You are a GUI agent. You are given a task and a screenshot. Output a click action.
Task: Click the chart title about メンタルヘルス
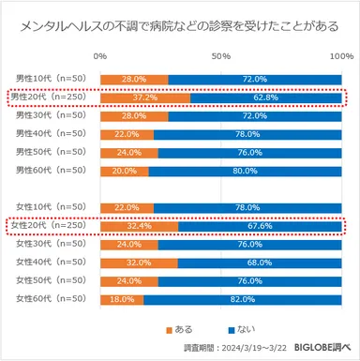[x=179, y=24]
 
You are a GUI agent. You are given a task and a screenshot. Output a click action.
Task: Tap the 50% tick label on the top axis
[x=221, y=58]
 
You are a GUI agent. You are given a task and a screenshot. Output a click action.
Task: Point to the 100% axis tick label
[x=339, y=58]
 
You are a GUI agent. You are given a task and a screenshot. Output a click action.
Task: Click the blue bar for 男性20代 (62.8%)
[x=265, y=98]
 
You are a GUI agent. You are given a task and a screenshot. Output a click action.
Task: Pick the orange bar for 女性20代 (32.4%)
[x=139, y=225]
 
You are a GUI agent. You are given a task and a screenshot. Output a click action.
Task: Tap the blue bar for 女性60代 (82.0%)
[x=243, y=298]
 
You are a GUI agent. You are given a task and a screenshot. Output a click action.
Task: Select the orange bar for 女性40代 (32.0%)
[x=139, y=262]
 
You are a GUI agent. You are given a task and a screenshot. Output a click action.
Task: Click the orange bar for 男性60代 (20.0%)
[x=124, y=171]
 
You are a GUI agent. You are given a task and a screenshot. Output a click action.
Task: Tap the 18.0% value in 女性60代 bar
[x=121, y=298]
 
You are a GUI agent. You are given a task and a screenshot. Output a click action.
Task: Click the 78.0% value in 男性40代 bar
[x=247, y=134]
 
